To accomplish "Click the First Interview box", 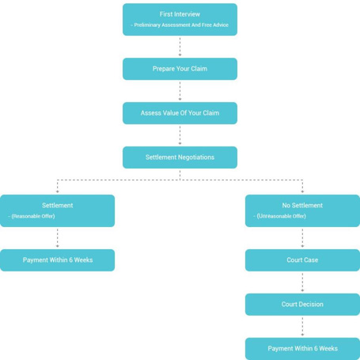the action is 180,20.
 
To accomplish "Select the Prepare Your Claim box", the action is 180,69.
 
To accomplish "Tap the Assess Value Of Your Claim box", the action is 180,113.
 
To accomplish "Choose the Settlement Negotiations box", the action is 180,157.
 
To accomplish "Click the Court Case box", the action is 302,260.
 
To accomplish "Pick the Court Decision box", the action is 302,305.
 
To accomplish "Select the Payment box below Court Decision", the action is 302,349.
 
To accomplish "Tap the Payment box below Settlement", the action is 58,260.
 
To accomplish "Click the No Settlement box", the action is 302,210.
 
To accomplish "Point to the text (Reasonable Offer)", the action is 33,216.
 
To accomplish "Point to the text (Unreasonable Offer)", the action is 282,216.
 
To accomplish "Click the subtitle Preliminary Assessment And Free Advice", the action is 181,25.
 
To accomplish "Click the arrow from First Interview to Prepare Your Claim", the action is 180,47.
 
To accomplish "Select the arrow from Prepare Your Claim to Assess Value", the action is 180,91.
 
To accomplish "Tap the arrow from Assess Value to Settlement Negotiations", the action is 180,135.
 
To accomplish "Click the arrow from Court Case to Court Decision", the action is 302,282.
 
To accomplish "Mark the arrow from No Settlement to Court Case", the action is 302,238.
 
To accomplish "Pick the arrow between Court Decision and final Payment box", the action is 302,327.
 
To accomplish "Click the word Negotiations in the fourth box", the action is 196,157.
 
